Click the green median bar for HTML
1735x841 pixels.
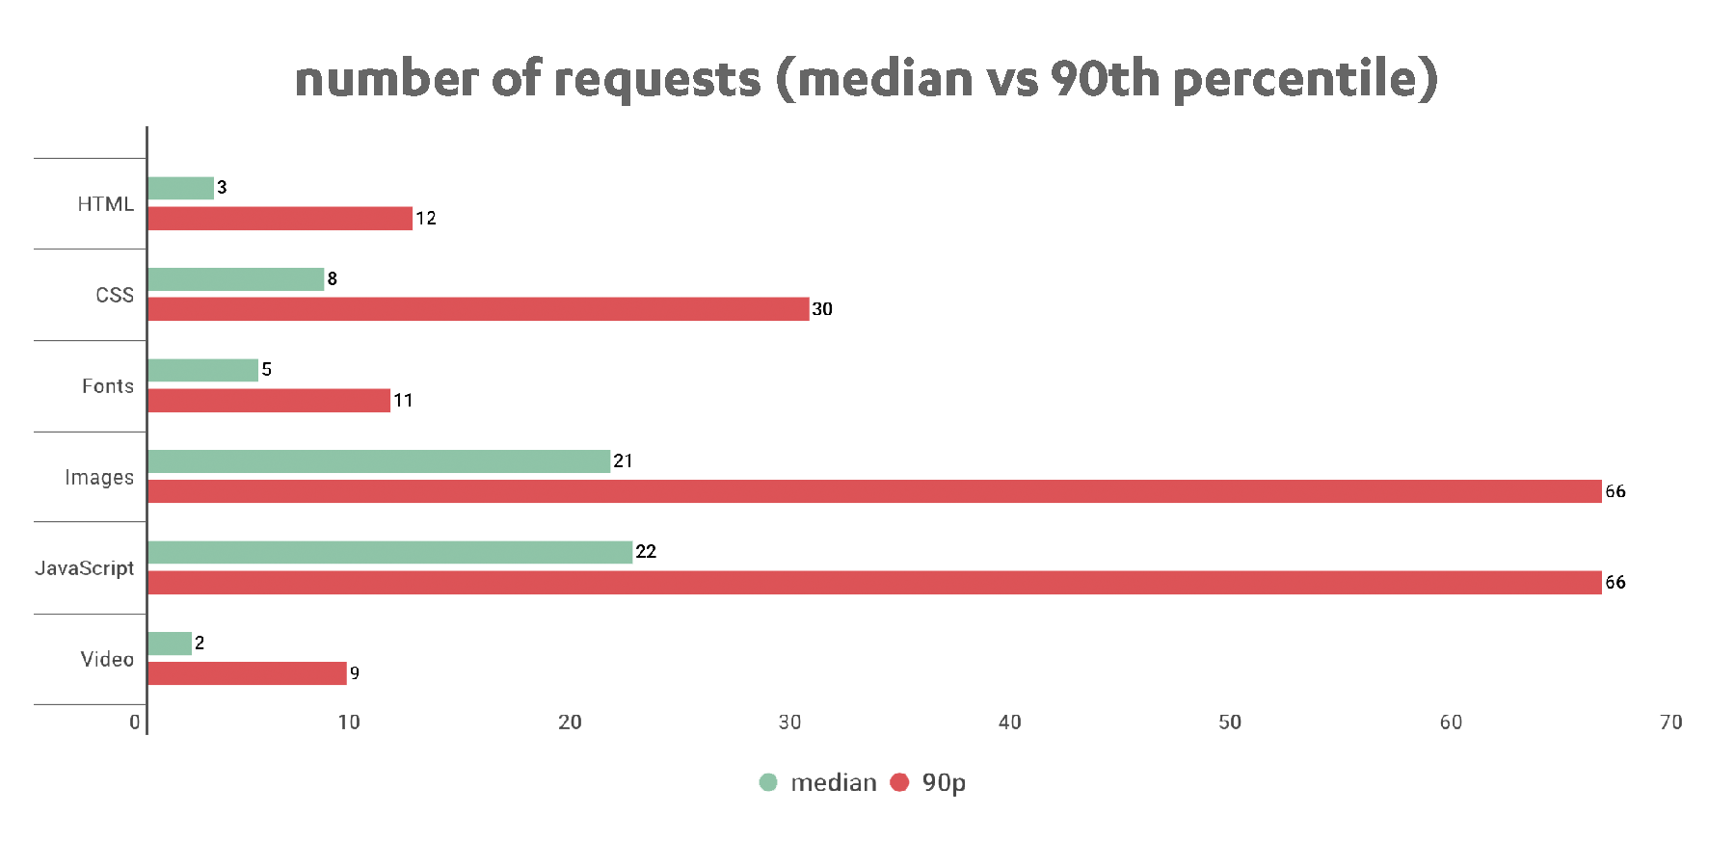(181, 189)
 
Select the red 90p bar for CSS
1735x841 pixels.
(478, 309)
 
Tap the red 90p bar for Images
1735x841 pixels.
(874, 491)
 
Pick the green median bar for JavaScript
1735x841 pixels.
(390, 552)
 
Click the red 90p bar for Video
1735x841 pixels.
(247, 673)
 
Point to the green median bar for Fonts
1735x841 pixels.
(203, 370)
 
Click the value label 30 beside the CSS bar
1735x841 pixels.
(822, 309)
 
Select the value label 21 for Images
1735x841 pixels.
(623, 461)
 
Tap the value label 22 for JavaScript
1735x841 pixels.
(646, 552)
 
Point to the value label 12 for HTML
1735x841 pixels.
(426, 219)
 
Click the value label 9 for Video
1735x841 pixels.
(355, 673)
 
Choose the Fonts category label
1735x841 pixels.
(107, 386)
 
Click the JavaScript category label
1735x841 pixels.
(85, 568)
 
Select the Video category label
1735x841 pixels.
(106, 660)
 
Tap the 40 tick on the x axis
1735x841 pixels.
(1010, 722)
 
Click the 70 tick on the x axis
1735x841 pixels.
(1670, 722)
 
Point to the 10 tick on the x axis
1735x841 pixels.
(349, 722)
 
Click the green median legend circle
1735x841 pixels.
(768, 782)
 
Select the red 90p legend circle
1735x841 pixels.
(900, 782)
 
